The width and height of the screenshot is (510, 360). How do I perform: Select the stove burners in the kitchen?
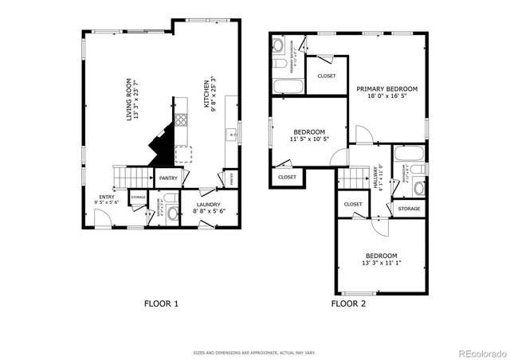click(181, 121)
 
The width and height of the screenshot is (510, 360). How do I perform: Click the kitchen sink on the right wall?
click(233, 135)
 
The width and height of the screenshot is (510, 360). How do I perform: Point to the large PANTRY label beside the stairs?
click(168, 178)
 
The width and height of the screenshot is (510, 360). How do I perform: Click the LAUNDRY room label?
click(210, 204)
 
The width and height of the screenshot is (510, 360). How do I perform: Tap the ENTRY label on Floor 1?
click(105, 196)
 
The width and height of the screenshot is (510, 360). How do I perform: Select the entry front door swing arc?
click(102, 223)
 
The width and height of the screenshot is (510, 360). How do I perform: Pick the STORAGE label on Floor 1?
click(138, 196)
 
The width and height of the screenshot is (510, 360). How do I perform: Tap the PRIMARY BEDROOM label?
click(386, 89)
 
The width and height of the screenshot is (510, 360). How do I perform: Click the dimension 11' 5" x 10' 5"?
click(308, 139)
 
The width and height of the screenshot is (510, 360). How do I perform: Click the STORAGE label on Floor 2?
click(409, 209)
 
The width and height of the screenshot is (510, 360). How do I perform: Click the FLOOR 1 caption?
click(161, 303)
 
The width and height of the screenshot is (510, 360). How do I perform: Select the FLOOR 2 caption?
click(348, 303)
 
